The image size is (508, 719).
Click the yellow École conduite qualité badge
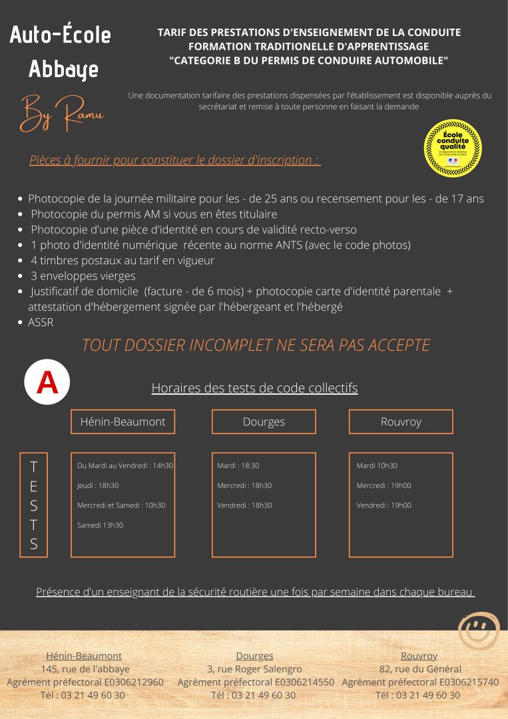[453, 148]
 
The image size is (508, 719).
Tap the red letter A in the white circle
[47, 382]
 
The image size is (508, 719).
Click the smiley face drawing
[479, 630]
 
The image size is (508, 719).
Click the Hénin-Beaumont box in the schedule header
[123, 421]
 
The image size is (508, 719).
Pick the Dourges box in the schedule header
[264, 421]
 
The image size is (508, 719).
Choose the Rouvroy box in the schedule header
[401, 421]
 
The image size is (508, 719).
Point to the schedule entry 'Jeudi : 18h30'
[98, 485]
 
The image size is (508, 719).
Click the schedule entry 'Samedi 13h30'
[100, 525]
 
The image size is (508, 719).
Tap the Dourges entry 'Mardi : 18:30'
[238, 465]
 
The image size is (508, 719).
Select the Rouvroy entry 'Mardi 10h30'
[377, 465]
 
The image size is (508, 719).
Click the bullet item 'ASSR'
[41, 322]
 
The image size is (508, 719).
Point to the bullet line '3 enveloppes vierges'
[83, 276]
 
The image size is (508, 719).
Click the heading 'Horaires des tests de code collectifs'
[254, 387]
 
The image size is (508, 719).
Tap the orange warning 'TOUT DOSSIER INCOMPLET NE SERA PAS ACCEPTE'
[256, 345]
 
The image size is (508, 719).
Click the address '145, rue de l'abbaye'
[85, 669]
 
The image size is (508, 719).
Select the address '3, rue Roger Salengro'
[254, 669]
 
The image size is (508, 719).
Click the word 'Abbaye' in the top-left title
[63, 69]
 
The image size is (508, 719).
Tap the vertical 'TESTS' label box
[34, 505]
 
